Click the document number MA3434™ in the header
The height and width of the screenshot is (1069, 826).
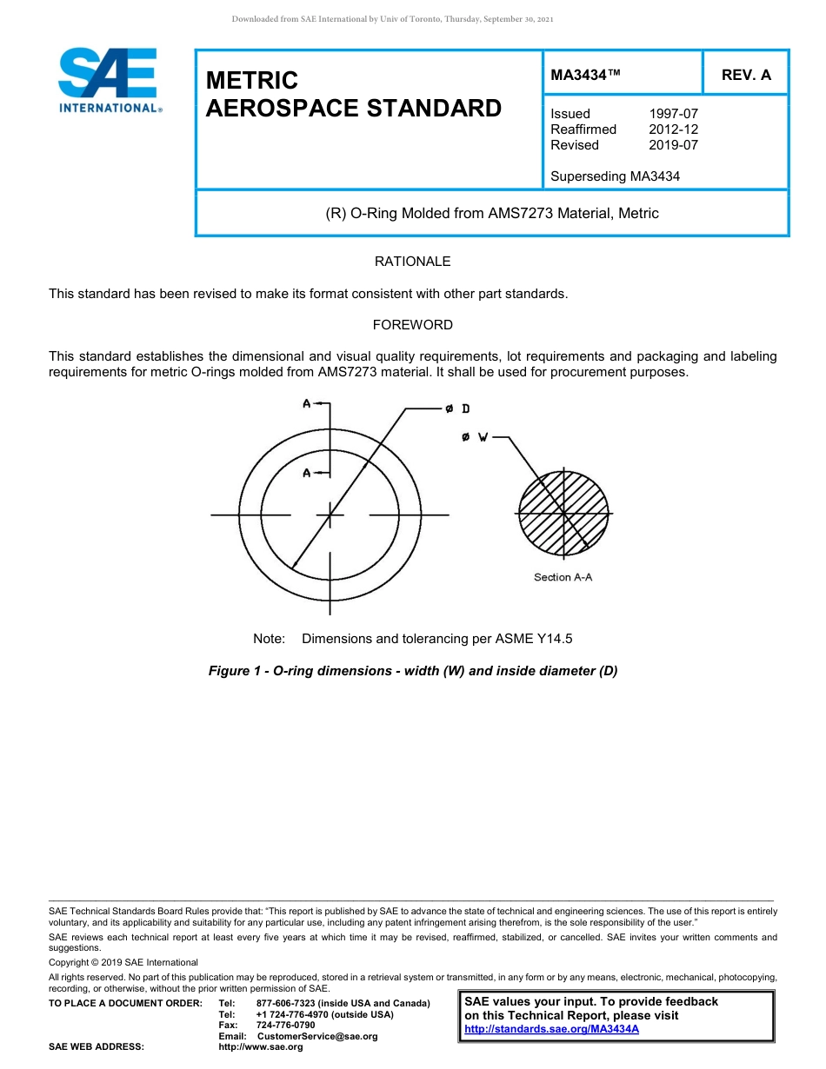pos(585,75)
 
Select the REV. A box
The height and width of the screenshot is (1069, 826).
pos(746,75)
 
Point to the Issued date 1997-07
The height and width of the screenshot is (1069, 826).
pos(673,114)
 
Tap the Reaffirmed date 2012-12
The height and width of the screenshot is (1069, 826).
pos(673,129)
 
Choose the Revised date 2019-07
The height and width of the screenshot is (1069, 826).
pos(673,145)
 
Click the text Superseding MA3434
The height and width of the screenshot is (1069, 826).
pos(615,176)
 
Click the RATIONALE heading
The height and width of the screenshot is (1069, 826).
pos(412,262)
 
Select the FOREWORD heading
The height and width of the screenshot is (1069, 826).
pos(412,325)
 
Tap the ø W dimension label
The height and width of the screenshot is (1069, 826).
pos(476,437)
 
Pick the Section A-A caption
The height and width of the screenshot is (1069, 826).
pos(563,577)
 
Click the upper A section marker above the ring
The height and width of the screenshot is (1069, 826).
pos(307,403)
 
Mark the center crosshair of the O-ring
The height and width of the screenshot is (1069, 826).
pos(330,515)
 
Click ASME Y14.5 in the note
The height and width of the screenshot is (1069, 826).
pos(534,639)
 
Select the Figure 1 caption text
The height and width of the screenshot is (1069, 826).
pos(412,671)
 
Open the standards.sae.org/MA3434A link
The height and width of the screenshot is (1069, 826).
pos(551,1029)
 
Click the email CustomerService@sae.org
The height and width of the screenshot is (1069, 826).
pos(317,1036)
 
